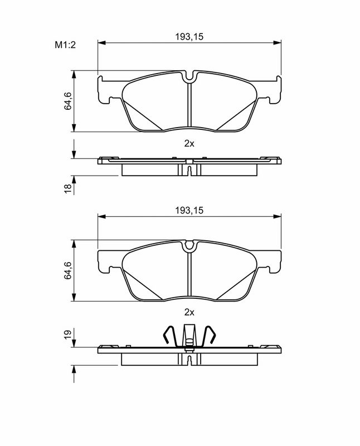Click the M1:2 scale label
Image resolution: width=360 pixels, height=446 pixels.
(65, 45)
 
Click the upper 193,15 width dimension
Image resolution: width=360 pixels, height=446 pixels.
(189, 37)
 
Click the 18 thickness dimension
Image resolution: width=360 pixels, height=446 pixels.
(67, 187)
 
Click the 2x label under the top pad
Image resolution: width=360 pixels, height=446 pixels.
(189, 143)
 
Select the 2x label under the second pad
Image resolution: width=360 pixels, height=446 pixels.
(189, 313)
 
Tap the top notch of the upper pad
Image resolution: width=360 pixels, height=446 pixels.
(189, 77)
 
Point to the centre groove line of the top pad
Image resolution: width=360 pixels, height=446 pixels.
(189, 106)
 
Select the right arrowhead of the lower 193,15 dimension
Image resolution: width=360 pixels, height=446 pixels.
(278, 216)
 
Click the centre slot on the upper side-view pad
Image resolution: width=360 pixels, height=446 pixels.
(189, 167)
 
